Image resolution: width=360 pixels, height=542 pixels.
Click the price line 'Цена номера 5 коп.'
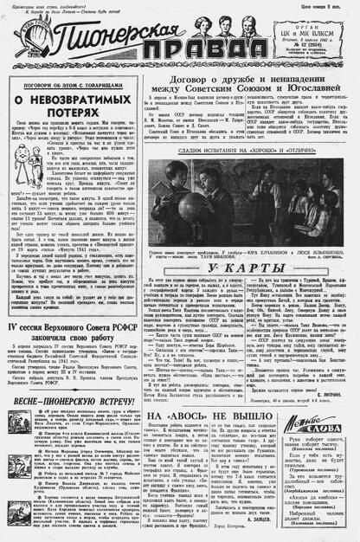(325, 8)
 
